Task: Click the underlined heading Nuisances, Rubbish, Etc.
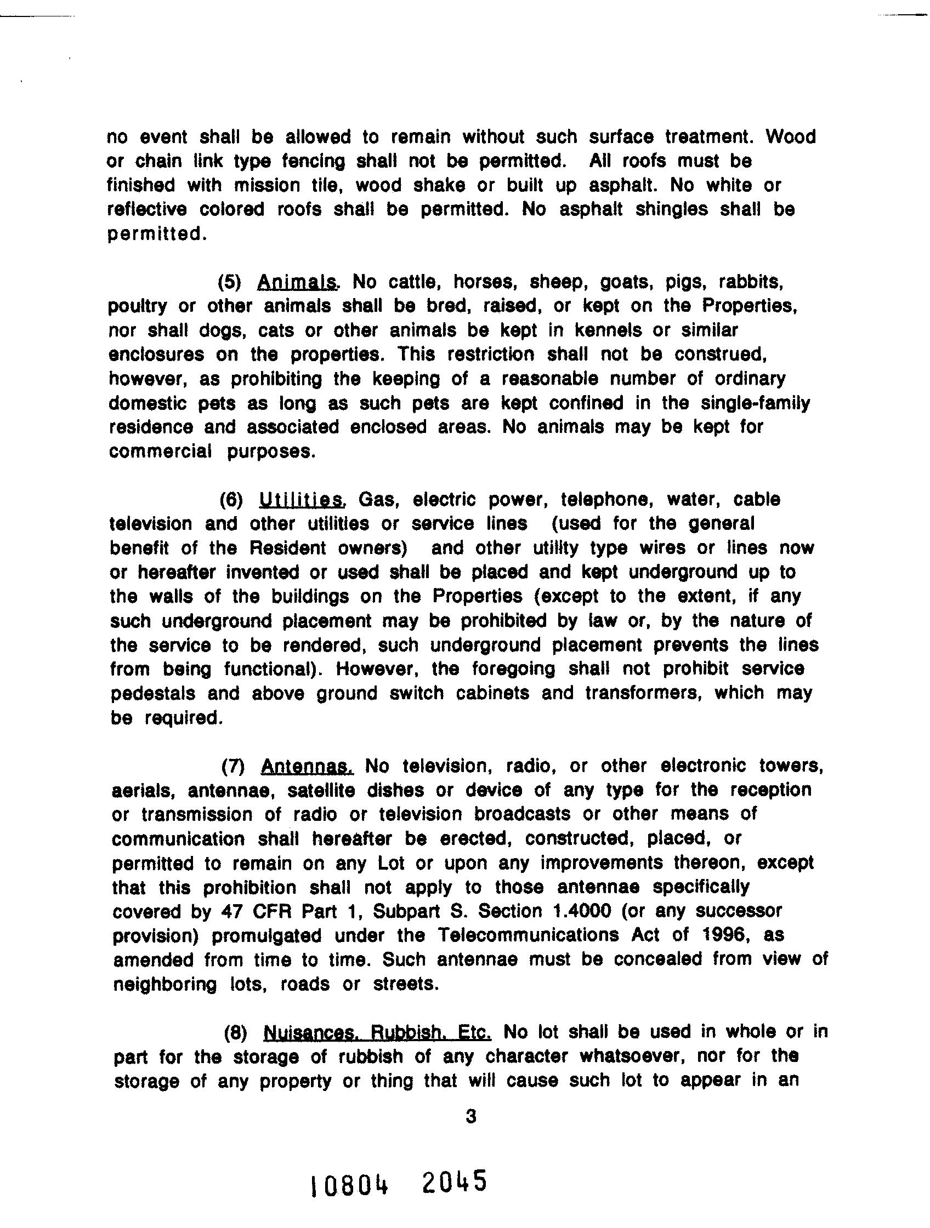point(378,1032)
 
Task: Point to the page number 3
point(471,1116)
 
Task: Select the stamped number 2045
point(453,1181)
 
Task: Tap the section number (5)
point(230,283)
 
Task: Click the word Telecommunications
point(528,935)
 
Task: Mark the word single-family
point(755,403)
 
